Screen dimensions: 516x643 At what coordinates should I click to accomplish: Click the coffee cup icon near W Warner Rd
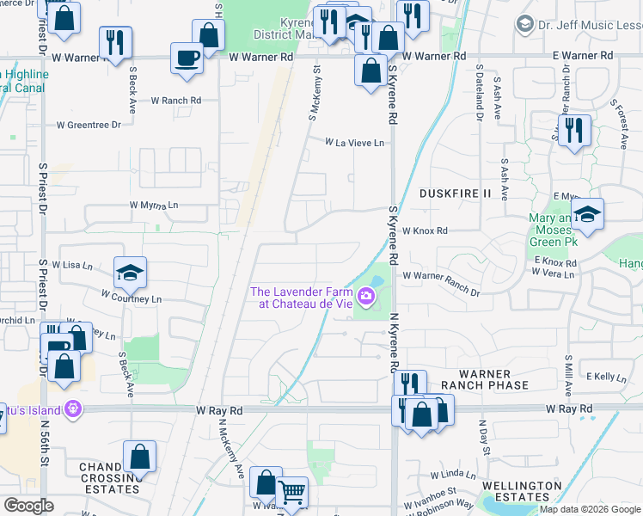(187, 58)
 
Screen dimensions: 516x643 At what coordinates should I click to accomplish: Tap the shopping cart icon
(292, 492)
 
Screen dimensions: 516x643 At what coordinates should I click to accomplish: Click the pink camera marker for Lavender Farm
(367, 298)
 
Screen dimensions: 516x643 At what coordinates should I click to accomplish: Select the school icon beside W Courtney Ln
(130, 272)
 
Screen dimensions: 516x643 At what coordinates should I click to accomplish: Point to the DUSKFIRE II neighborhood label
(455, 193)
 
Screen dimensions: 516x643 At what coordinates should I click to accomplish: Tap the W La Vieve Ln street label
(353, 143)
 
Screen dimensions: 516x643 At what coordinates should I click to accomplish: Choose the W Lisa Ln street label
(72, 266)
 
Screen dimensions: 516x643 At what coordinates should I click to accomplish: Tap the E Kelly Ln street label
(606, 377)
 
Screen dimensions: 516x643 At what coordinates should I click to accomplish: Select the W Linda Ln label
(453, 474)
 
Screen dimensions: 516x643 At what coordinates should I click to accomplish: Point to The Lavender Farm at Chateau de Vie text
(302, 298)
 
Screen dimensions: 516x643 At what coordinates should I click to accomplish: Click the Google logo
(28, 506)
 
